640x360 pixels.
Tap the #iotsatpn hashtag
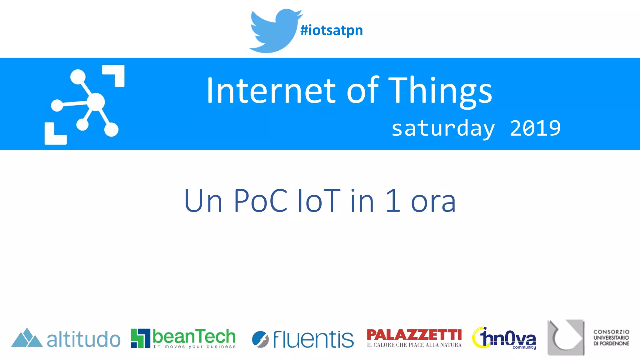click(x=331, y=30)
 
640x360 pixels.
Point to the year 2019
click(x=535, y=128)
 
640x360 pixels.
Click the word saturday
click(x=443, y=129)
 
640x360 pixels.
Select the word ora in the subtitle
click(x=433, y=202)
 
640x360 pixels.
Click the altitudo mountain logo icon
click(x=27, y=338)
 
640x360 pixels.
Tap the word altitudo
click(x=83, y=340)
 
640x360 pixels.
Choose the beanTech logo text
click(x=194, y=337)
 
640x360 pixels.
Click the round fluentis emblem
click(x=260, y=339)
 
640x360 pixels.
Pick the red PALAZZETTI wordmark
click(x=414, y=335)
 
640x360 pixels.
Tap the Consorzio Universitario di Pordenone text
click(x=611, y=337)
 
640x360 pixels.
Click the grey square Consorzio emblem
click(x=566, y=337)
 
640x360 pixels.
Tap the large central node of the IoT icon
click(x=96, y=102)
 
